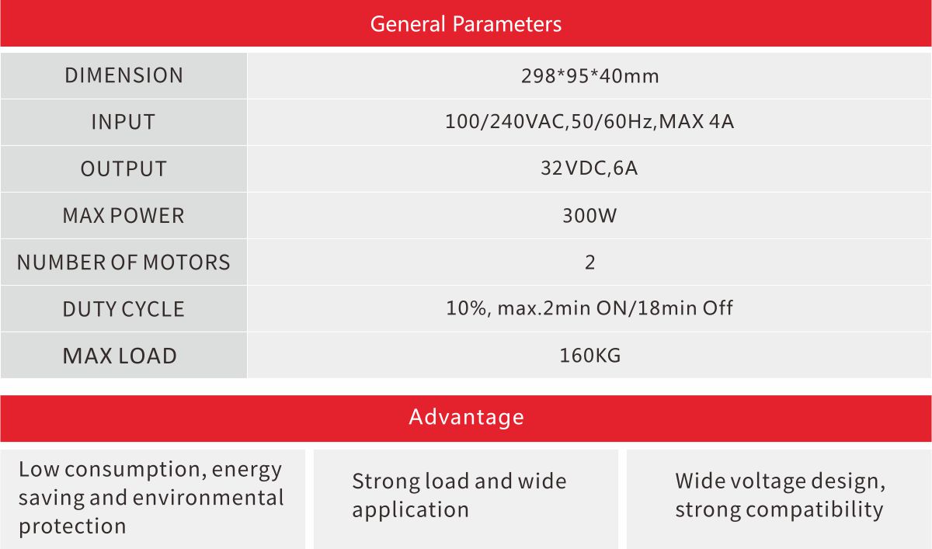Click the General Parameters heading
pyautogui.click(x=465, y=24)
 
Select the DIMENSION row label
pyautogui.click(x=124, y=75)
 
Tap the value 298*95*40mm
pyautogui.click(x=590, y=76)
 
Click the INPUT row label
pyautogui.click(x=123, y=122)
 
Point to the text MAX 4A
pyautogui.click(x=696, y=121)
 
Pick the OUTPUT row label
pyautogui.click(x=123, y=169)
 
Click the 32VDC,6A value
pyautogui.click(x=589, y=169)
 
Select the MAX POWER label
pyautogui.click(x=123, y=216)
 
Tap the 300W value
pyautogui.click(x=589, y=215)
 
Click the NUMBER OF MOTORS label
pyautogui.click(x=123, y=262)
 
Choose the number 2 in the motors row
pyautogui.click(x=590, y=262)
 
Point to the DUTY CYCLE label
pyautogui.click(x=123, y=309)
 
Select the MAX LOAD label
pyautogui.click(x=120, y=356)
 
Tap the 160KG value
pyautogui.click(x=590, y=356)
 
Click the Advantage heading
pyautogui.click(x=466, y=417)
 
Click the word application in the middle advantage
pyautogui.click(x=411, y=510)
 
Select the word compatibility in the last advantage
pyautogui.click(x=814, y=510)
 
